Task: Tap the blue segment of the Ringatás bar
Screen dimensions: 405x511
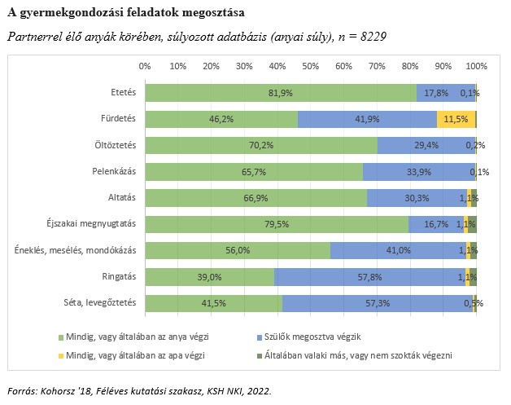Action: (369, 277)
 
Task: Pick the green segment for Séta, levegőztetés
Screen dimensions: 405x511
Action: (213, 304)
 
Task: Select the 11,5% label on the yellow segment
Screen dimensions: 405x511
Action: (456, 119)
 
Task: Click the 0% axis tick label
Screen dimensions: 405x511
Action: (146, 65)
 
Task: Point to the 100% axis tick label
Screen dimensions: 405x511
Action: (477, 65)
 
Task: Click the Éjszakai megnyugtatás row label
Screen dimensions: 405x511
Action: (92, 225)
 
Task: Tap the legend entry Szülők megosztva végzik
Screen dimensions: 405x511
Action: (310, 336)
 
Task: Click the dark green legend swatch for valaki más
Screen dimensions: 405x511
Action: (260, 355)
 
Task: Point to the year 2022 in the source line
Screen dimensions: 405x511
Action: (258, 390)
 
